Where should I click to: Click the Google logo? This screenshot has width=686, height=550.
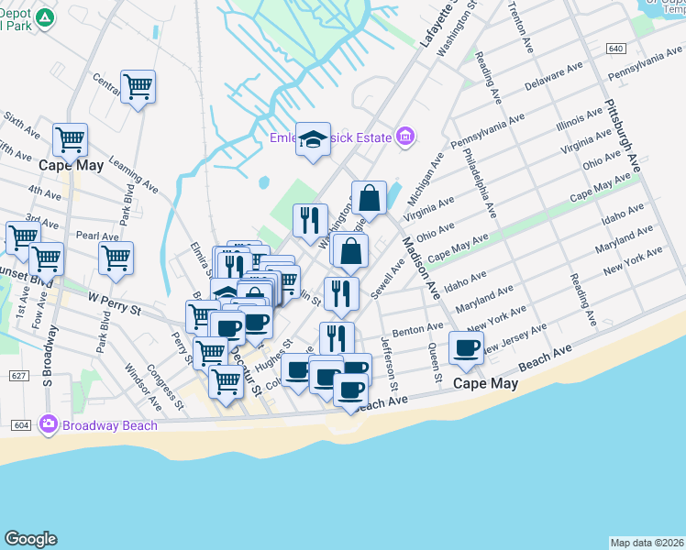pyautogui.click(x=30, y=539)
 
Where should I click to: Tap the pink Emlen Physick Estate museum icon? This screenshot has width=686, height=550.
pyautogui.click(x=404, y=138)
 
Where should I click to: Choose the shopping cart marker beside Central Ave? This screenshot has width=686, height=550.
pyautogui.click(x=138, y=87)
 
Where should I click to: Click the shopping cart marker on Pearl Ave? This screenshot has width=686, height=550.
pyautogui.click(x=116, y=258)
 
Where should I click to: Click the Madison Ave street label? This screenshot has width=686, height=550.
pyautogui.click(x=419, y=266)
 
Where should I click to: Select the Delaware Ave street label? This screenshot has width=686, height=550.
pyautogui.click(x=554, y=78)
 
